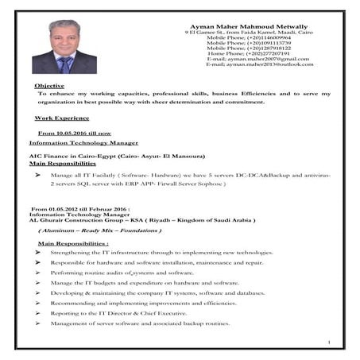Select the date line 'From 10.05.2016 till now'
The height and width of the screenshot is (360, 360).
75,133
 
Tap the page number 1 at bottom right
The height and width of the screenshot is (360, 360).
328,343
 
